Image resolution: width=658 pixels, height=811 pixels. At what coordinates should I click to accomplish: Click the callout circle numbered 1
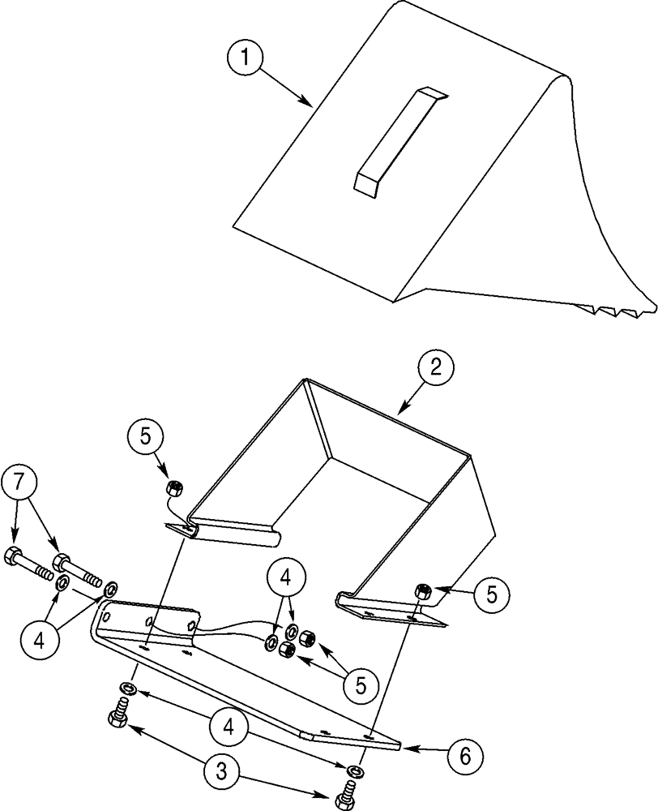[246, 58]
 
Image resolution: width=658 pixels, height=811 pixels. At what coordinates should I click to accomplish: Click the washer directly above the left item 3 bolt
[126, 689]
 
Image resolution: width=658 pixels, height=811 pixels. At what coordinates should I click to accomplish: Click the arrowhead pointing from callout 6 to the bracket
[406, 747]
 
